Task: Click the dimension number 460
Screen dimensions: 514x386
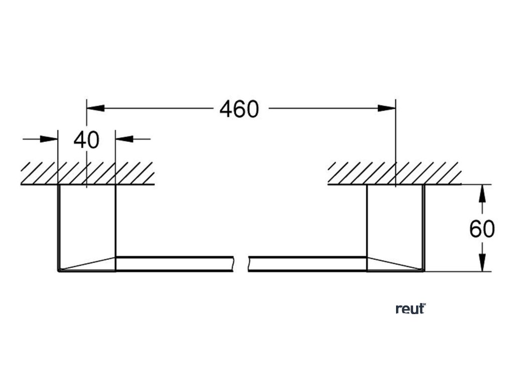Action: pos(239,109)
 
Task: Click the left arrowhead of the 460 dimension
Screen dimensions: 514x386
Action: pos(95,108)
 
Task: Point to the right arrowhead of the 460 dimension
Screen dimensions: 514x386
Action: pos(387,108)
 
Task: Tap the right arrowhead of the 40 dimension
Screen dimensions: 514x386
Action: pos(124,139)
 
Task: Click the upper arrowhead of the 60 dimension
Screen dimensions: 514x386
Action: pos(482,194)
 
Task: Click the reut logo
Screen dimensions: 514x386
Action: pos(410,309)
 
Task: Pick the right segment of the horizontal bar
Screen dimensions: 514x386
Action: pos(307,264)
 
